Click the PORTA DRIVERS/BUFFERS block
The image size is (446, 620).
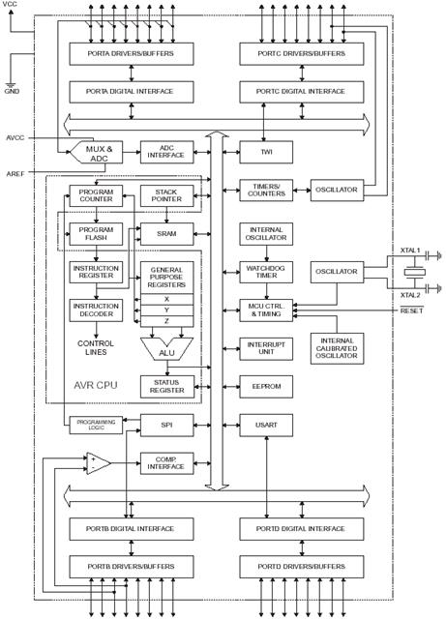132,54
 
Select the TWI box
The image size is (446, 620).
266,152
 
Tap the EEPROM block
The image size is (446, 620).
266,386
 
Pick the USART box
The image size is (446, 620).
266,425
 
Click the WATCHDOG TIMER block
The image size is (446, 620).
266,272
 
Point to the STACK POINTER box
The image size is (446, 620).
166,195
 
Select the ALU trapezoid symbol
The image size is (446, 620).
166,349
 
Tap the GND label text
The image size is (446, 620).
12,91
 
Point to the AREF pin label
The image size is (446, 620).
15,174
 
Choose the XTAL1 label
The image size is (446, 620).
410,251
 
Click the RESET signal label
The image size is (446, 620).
411,310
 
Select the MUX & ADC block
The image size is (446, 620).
97,152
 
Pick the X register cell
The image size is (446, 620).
166,299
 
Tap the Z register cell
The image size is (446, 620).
166,321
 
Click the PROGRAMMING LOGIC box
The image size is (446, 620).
96,425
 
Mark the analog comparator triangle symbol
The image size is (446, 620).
99,463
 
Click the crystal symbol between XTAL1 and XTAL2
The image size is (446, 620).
414,273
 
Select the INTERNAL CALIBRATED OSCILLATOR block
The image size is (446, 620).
337,348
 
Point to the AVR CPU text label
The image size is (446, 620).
96,385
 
